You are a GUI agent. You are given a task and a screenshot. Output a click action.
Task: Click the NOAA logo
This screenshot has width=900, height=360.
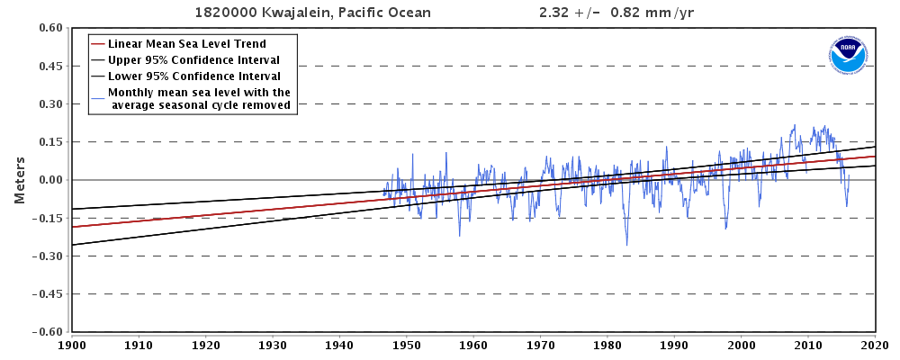click(x=848, y=55)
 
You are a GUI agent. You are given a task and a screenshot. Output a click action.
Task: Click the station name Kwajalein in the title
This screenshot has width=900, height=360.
click(x=298, y=13)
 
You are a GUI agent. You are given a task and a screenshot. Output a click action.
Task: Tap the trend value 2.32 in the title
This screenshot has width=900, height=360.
click(x=553, y=13)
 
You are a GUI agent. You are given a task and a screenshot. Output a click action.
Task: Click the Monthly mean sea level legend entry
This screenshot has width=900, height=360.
click(x=199, y=98)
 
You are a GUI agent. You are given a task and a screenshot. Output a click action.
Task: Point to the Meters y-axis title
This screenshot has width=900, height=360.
click(x=19, y=180)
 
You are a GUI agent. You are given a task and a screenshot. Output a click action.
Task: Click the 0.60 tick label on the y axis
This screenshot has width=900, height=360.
click(x=49, y=29)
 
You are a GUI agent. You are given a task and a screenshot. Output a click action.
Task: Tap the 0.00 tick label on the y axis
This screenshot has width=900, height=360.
click(x=49, y=180)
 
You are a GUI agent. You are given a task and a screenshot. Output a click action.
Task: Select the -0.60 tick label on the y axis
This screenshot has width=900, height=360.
click(x=46, y=331)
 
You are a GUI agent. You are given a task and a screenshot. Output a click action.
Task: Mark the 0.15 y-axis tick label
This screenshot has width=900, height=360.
click(x=49, y=142)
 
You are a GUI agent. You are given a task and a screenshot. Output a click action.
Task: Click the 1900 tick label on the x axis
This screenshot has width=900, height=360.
click(x=72, y=344)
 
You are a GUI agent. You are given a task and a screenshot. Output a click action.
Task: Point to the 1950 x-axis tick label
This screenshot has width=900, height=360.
click(x=407, y=344)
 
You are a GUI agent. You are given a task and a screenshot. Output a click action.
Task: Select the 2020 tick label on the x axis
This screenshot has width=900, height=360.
click(x=875, y=344)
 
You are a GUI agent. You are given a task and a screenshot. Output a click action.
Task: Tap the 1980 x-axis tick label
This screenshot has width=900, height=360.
click(x=607, y=344)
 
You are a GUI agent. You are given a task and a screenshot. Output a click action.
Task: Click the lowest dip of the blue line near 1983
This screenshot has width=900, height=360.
click(x=626, y=245)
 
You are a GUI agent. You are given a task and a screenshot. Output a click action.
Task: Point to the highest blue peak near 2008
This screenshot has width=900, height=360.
click(x=795, y=125)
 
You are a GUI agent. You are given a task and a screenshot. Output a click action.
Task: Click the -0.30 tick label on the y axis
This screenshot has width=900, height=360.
click(x=46, y=256)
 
